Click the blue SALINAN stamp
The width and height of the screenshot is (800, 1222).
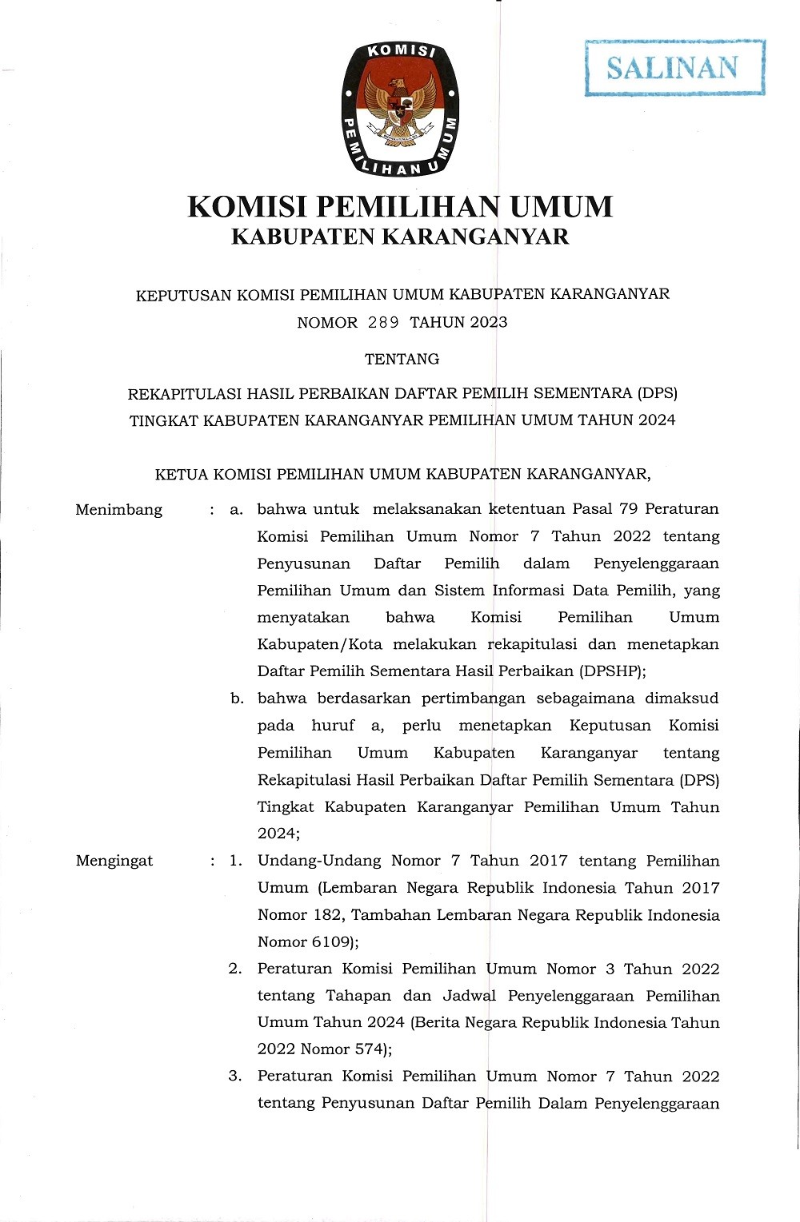[x=674, y=68]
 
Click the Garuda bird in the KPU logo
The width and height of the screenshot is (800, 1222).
[x=401, y=108]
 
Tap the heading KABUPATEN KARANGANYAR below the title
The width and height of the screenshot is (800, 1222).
[x=400, y=237]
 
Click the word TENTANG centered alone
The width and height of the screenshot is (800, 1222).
[x=402, y=359]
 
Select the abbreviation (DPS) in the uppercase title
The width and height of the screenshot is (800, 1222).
[x=657, y=393]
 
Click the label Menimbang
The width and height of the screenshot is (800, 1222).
[x=118, y=510]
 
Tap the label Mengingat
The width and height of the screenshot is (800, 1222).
[x=114, y=861]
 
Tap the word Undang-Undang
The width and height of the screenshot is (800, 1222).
[x=318, y=861]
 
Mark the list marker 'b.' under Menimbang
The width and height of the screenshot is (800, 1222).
[x=237, y=699]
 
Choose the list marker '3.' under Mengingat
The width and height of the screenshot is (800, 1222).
[x=235, y=1076]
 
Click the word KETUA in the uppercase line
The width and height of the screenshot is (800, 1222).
[x=181, y=474]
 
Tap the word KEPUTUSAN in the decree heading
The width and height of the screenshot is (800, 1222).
[x=183, y=294]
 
